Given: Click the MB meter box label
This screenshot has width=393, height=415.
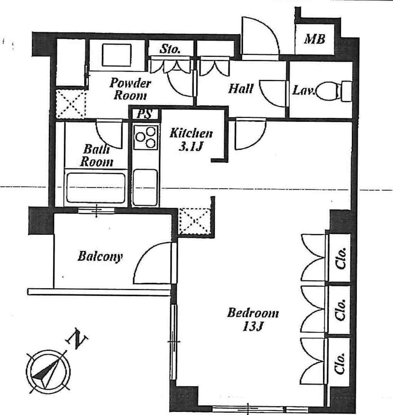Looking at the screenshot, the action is (x=315, y=39).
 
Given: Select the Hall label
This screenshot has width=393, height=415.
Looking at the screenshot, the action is (x=241, y=88).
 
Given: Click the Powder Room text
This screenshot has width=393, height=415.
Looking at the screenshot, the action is (x=130, y=89).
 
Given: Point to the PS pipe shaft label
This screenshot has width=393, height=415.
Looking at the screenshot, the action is (x=145, y=114).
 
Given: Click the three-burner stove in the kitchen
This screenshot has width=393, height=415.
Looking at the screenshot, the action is (x=146, y=137).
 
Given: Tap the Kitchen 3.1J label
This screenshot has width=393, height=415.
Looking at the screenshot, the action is (x=191, y=139).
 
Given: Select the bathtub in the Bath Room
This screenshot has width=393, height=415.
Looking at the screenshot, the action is (x=96, y=188).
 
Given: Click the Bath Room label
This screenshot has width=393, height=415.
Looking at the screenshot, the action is (x=97, y=155).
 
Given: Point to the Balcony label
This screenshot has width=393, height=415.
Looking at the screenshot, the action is (x=100, y=256).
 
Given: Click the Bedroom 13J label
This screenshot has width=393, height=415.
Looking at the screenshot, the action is (x=253, y=319).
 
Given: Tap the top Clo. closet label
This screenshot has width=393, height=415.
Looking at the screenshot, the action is (x=341, y=258).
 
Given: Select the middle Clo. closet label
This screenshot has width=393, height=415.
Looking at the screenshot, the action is (x=341, y=310).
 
